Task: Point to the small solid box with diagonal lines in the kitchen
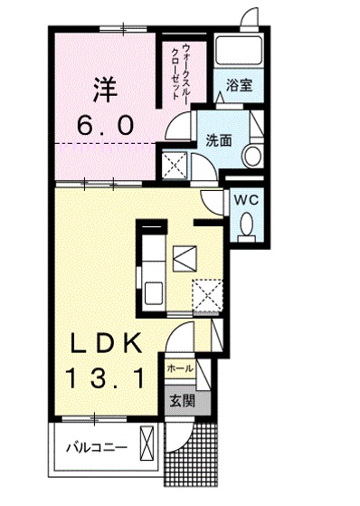click(x=185, y=258)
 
